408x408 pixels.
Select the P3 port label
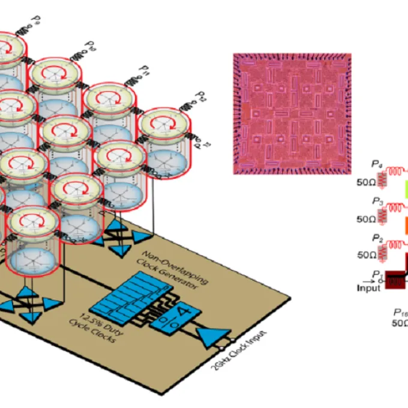(377, 201)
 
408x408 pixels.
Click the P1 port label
(377, 273)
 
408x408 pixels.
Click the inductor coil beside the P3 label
(396, 206)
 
